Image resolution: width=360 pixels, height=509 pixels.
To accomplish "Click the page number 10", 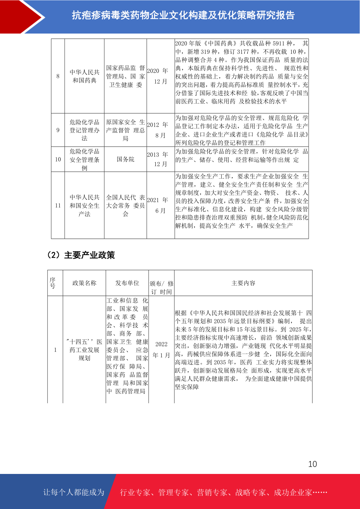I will tap(312, 464).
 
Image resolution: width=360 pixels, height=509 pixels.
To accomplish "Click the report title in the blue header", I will tap(183, 15).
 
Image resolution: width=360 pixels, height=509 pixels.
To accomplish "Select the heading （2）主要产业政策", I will tap(81, 255).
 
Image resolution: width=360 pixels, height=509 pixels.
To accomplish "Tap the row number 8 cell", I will tap(58, 76).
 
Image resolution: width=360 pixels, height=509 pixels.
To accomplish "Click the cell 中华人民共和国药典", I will tap(84, 76).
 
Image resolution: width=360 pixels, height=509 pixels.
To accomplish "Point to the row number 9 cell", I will tap(58, 130).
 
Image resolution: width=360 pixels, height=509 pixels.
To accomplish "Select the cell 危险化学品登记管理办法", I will tap(84, 130).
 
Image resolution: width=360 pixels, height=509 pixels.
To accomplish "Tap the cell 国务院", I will tap(125, 159).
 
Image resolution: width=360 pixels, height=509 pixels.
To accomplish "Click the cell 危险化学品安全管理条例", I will tap(84, 160).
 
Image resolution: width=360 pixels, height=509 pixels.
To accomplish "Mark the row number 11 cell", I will tap(58, 206).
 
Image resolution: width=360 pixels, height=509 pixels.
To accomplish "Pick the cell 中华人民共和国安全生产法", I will tap(84, 206).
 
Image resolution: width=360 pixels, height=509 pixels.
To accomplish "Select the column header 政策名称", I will tap(84, 283).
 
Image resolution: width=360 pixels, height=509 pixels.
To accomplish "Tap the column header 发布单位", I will tap(127, 283).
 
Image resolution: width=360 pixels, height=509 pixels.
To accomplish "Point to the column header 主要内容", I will tap(243, 283).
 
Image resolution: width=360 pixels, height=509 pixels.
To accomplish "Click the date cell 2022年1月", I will tap(161, 350).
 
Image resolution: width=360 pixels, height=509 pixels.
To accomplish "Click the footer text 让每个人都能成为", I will tap(74, 492).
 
